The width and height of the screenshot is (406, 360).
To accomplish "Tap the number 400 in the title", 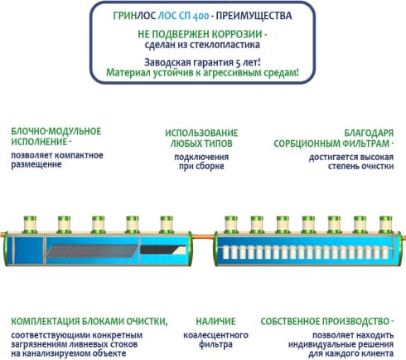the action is (x=201, y=17).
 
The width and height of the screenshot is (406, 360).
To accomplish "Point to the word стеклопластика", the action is (x=224, y=45).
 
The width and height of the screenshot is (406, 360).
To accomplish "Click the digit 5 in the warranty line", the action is (x=238, y=63).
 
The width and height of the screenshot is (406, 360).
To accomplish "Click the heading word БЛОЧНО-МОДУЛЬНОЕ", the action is (x=56, y=131).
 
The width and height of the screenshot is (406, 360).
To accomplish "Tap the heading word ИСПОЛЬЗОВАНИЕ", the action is (x=201, y=133).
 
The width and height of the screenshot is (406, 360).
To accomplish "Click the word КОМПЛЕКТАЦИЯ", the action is (x=45, y=321).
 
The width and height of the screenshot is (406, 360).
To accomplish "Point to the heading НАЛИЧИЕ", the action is (x=215, y=321).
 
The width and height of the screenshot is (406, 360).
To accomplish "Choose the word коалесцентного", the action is (x=215, y=335).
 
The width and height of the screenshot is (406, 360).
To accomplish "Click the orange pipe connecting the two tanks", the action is (x=203, y=236).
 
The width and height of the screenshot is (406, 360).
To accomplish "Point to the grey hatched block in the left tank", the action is (x=93, y=251).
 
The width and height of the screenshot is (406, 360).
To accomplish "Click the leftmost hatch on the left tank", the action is (x=30, y=225).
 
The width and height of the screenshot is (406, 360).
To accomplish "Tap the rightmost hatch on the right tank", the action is (x=385, y=225).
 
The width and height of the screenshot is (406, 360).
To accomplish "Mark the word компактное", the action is (x=79, y=155).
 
